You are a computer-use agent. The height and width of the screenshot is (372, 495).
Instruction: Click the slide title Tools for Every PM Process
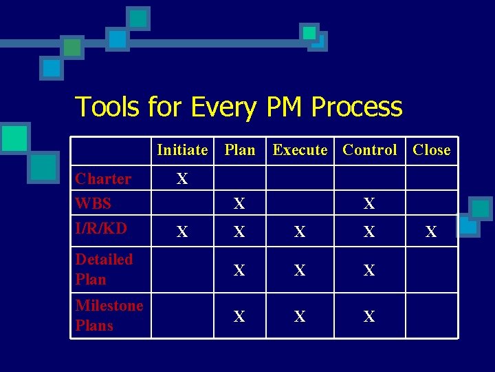pos(238,107)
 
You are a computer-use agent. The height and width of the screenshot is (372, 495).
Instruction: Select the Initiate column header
pos(182,149)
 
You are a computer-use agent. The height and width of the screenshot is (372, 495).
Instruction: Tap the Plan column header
pos(239,149)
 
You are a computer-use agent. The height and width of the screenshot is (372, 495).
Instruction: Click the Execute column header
pos(300,149)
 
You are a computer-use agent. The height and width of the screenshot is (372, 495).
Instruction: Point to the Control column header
pos(369,149)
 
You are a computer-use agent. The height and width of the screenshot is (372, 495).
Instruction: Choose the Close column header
pos(431,149)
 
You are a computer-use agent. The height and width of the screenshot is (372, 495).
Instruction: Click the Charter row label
pos(103,179)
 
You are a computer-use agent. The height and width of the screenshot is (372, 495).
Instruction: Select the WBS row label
pos(93,204)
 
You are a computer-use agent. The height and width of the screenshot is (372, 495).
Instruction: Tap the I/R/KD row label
pos(101,228)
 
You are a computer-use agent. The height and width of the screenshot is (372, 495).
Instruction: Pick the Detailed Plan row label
pos(104,269)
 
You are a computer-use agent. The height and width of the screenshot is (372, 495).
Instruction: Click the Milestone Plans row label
pos(109,316)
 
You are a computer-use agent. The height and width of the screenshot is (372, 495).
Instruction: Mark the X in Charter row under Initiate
pos(181,179)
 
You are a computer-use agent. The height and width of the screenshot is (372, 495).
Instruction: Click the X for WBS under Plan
pos(239,204)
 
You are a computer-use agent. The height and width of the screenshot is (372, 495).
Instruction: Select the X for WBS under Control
pos(369,204)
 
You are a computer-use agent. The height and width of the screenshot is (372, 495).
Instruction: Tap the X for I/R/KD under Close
pos(431,233)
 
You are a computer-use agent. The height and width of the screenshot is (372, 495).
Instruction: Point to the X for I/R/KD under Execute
pos(300,233)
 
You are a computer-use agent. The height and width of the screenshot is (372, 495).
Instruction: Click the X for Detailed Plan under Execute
pos(300,271)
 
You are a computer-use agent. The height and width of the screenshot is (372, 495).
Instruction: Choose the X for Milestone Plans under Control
pos(369,317)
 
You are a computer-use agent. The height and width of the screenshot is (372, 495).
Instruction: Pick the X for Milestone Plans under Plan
pos(239,317)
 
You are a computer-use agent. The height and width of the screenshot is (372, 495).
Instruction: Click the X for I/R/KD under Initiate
pos(181,233)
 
